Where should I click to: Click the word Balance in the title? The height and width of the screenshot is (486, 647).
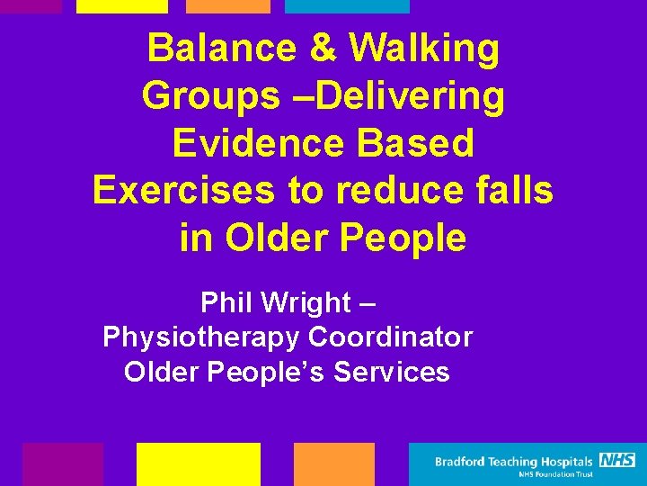point(221,48)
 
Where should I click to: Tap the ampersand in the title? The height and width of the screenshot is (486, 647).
point(323,48)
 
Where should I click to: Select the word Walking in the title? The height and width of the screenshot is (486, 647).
point(424,49)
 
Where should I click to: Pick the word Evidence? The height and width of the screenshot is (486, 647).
point(253,144)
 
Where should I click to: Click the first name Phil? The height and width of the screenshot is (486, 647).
point(225,302)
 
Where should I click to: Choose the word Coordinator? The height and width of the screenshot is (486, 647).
point(391,337)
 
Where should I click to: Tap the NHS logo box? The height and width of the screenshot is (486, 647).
point(617,460)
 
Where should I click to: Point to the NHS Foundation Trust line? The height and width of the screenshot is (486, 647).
point(555,474)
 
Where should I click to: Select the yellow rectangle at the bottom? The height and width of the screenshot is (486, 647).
point(198,464)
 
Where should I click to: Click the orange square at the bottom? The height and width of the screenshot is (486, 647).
point(333,464)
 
